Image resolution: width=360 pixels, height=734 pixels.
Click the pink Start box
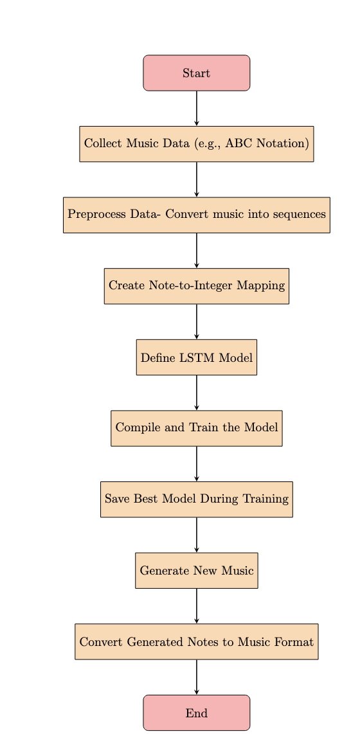[x=197, y=73]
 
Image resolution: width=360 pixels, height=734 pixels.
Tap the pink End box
[x=197, y=713]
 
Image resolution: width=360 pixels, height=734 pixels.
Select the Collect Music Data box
[x=197, y=144]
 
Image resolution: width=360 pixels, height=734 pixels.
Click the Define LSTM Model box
[x=197, y=357]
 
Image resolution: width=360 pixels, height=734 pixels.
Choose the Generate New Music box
[x=197, y=571]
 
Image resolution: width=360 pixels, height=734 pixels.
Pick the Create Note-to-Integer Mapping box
[x=197, y=286]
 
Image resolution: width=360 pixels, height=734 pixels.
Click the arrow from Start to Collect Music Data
[x=197, y=109]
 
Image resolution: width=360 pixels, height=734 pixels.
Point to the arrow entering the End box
[x=197, y=677]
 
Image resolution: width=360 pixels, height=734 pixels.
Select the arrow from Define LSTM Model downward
[x=197, y=393]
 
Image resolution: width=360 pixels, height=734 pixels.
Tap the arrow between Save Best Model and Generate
[x=197, y=535]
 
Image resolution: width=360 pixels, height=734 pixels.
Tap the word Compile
[x=133, y=428]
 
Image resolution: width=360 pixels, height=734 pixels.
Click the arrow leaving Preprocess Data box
[x=197, y=251]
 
